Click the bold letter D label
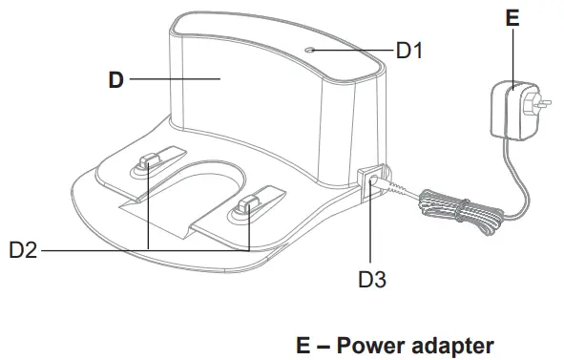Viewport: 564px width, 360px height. tap(116, 80)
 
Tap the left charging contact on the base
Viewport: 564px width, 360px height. tap(150, 163)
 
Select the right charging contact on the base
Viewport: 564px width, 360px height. tap(252, 203)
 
